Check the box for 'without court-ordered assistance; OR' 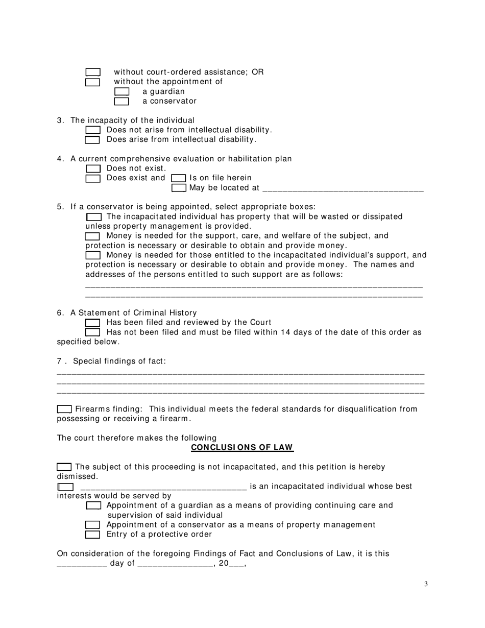92,72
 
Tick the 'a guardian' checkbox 122,91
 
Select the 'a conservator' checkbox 122,101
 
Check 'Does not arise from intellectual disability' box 92,130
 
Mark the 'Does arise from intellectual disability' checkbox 92,140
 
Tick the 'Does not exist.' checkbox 93,168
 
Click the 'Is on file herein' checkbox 178,178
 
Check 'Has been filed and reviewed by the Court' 92,323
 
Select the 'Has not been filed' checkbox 92,332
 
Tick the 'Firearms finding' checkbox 64,409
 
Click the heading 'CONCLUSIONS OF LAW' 242,448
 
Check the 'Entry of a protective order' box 92,535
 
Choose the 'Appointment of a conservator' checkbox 92,525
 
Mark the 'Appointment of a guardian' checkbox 93,505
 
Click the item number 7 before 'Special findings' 59,361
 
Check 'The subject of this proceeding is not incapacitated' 64,467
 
